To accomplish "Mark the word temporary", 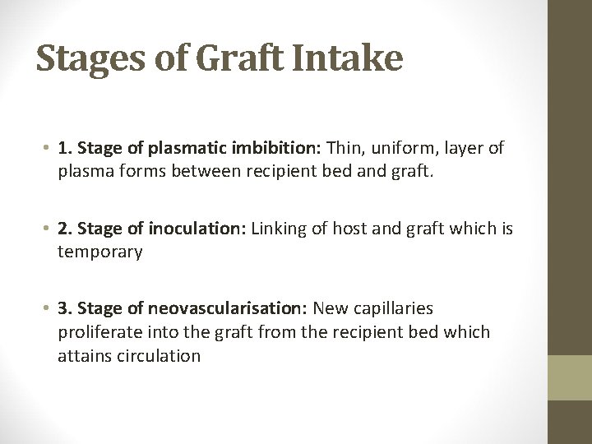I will (x=99, y=252).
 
